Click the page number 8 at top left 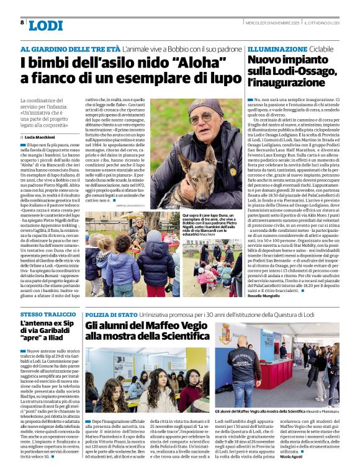[22, 22]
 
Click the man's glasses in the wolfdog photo [202, 118]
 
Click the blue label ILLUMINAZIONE [277, 48]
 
